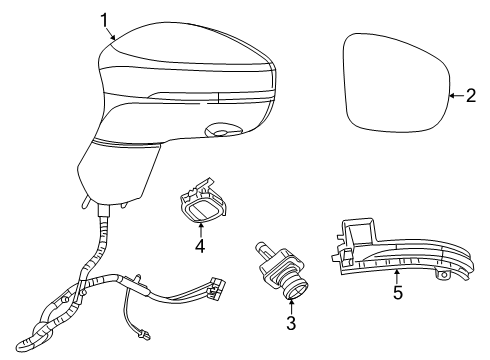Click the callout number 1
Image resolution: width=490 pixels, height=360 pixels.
[103, 18]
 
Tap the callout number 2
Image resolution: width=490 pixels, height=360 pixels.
[471, 96]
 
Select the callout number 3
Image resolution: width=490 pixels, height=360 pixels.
[291, 324]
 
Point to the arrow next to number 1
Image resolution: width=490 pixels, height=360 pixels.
[113, 32]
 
